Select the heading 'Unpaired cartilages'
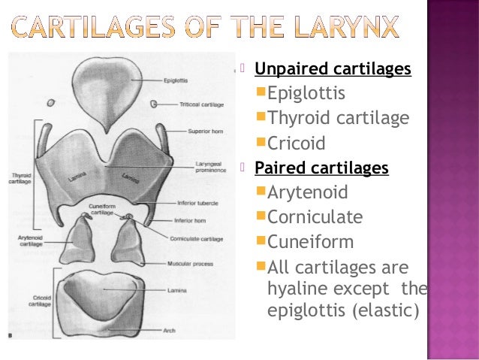coord(333,70)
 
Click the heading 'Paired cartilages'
coord(321,167)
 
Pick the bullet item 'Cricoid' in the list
coord(297,143)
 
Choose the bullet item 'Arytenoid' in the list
coord(308,192)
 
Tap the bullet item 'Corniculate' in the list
coord(315,217)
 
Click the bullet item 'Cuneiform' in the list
coord(310,242)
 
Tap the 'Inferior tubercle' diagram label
coord(197,202)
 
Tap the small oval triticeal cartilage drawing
coord(50,102)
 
